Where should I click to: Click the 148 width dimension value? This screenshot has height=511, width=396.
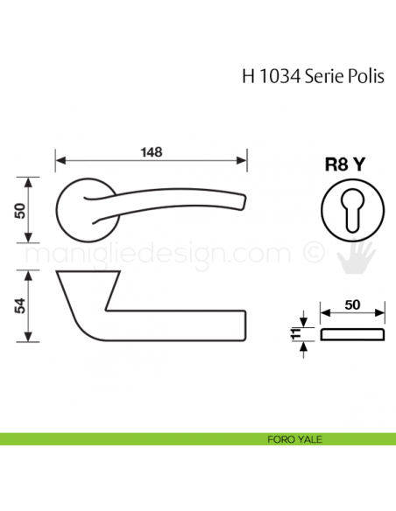[x=150, y=151]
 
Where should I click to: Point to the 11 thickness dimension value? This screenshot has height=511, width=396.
[x=294, y=333]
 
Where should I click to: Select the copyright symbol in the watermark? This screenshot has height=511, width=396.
[x=311, y=255]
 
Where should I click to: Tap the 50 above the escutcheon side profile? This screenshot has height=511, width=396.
[x=351, y=305]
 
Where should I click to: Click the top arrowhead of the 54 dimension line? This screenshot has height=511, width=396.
[x=32, y=274]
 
